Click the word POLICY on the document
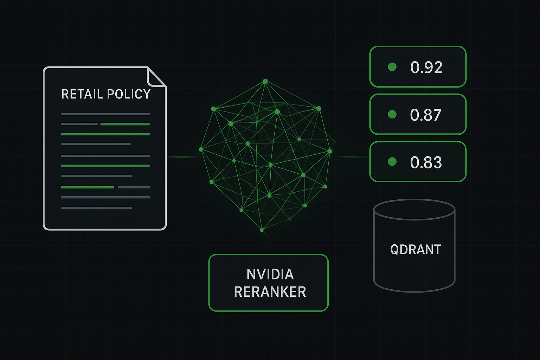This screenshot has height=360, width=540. tap(129, 94)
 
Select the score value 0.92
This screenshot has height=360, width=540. tap(426, 67)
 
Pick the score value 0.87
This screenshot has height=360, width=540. tap(425, 115)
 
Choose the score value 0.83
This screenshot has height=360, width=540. tap(426, 162)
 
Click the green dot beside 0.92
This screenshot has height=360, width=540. tap(392, 67)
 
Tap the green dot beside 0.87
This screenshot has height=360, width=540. tap(392, 114)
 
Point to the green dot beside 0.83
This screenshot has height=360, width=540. tap(392, 161)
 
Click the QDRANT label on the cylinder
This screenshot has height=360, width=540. tap(416, 250)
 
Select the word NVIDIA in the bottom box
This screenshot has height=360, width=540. tap(270, 275)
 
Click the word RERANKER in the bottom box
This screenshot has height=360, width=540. tap(270, 292)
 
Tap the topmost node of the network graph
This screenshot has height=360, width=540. tap(265, 81)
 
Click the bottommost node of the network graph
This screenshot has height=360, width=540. tap(262, 230)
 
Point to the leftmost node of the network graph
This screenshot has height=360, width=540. tap(201, 149)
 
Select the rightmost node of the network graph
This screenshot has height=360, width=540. tap(330, 151)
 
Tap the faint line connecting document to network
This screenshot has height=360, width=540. tap(183, 157)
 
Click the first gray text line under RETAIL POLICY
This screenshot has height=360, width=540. tap(105, 114)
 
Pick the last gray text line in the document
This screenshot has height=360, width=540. tap(96, 208)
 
